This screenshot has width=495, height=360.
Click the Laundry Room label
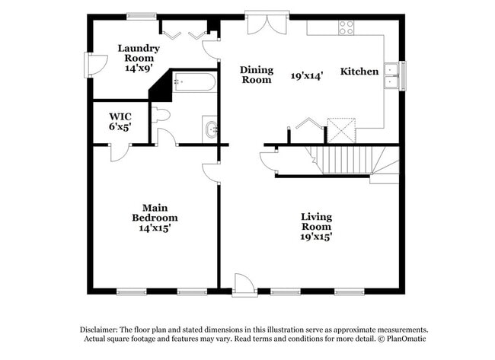pos(139,53)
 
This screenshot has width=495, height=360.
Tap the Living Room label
pos(316,221)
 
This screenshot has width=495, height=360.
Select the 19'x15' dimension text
pos(316,237)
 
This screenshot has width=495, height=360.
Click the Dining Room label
pos(256,75)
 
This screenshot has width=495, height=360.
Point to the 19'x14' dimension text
pos(308,76)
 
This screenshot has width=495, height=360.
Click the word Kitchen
pos(359,72)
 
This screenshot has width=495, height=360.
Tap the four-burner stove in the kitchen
pos(346,27)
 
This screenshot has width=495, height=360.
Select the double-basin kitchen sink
pos(392,76)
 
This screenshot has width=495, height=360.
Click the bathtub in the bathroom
pos(194,81)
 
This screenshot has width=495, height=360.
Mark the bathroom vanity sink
pos(210,129)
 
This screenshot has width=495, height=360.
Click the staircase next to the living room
pos(347,161)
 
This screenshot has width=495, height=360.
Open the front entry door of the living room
pos(244,285)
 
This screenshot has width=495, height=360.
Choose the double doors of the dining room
pos(267,22)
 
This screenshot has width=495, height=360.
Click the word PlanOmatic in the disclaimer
pos(408,339)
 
